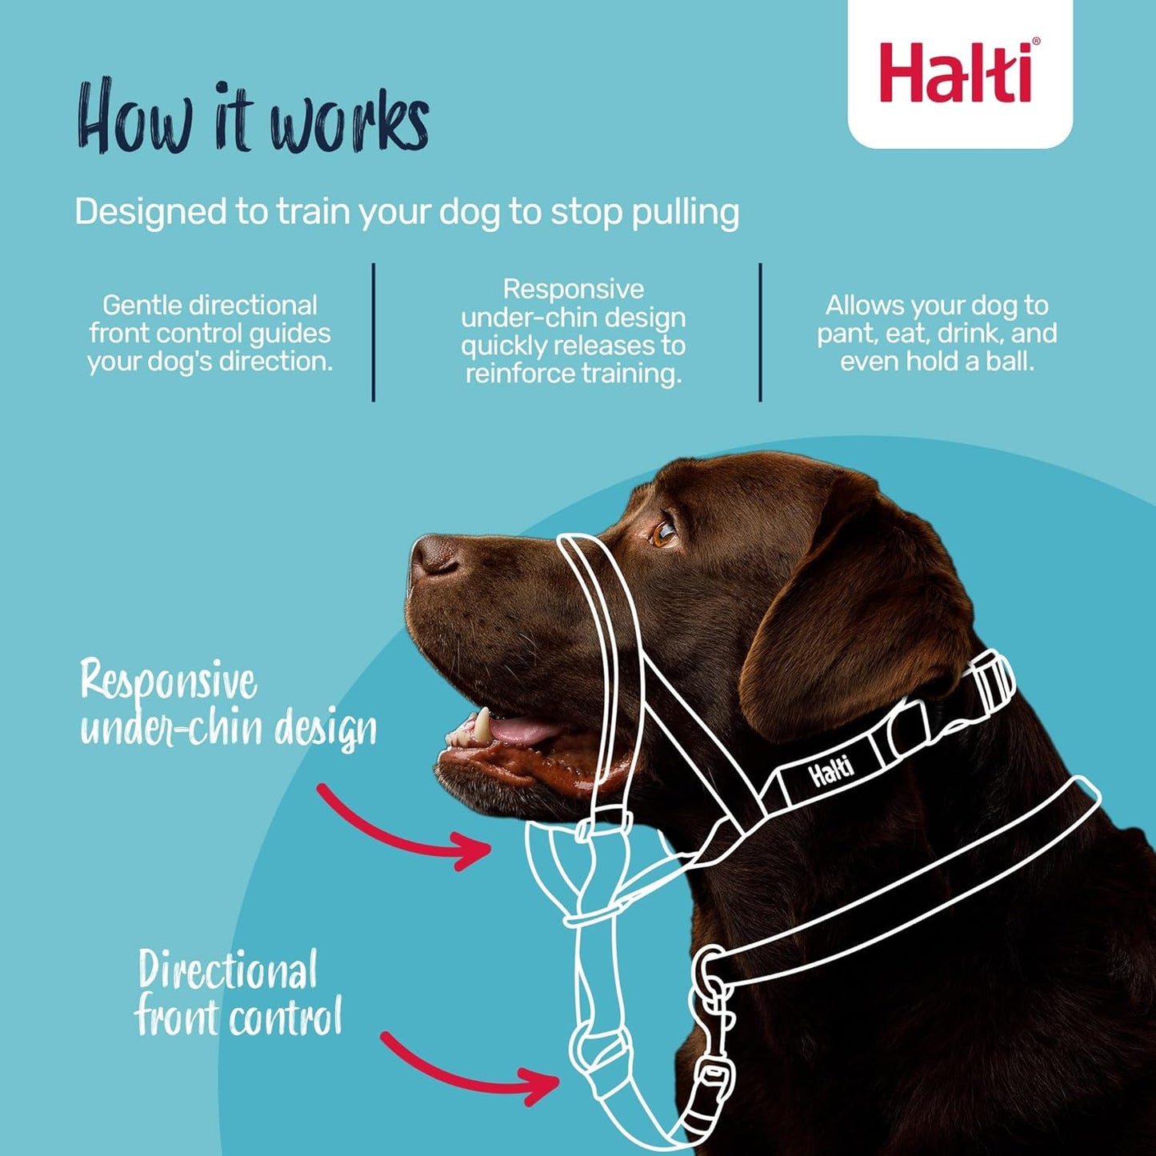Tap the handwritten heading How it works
(253, 118)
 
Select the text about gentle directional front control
(210, 333)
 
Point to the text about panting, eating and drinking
(937, 333)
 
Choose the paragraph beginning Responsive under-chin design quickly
(573, 331)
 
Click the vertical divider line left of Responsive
(374, 332)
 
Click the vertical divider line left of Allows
(760, 332)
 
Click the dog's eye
(663, 533)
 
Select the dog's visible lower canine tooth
(482, 724)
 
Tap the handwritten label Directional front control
(238, 993)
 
